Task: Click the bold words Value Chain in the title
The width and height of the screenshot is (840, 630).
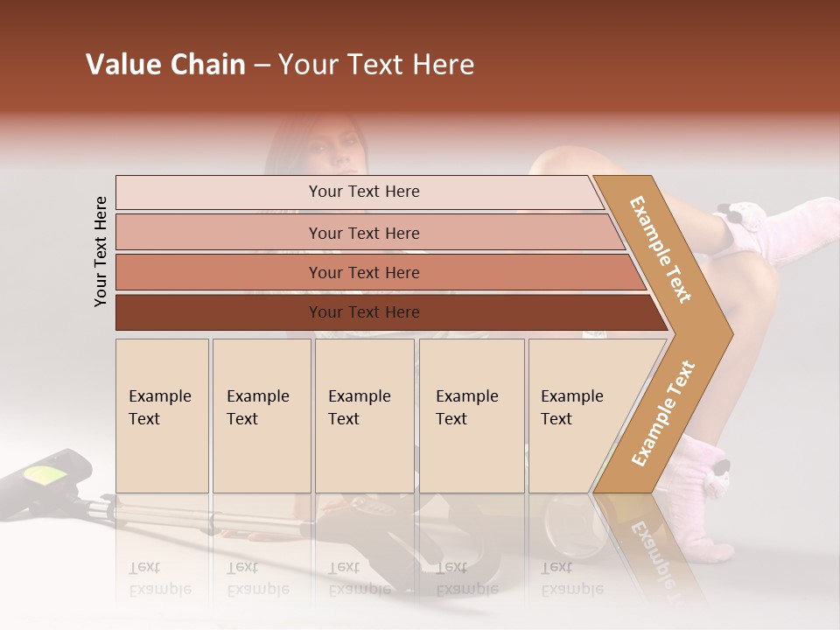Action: coord(165,65)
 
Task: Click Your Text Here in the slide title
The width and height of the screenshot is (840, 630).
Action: coord(376,65)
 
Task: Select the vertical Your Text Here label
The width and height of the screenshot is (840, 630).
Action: coord(101,251)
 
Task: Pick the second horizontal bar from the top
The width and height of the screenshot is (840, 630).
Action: coord(363,233)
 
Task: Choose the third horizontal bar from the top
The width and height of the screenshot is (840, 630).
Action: coord(363,272)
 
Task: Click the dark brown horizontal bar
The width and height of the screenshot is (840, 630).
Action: coord(363,312)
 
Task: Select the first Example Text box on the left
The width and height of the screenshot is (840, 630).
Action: coord(162,416)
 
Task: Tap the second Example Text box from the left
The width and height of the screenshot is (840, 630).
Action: coord(261,416)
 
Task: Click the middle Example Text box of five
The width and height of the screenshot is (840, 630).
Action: coord(364,416)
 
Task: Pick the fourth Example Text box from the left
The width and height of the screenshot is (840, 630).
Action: coord(472,416)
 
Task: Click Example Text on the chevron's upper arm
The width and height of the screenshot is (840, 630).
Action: coord(661,249)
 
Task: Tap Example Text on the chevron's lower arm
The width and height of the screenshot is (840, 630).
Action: coord(663,414)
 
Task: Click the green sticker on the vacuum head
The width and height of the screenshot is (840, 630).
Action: coord(49,475)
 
